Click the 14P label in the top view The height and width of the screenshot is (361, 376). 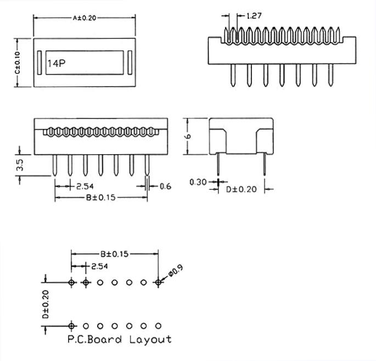click(57, 64)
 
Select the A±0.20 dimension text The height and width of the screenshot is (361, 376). click(85, 18)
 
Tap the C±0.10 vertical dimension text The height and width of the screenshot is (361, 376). click(18, 63)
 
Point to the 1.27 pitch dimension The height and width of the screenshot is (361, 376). click(254, 16)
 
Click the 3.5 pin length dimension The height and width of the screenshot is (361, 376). click(20, 165)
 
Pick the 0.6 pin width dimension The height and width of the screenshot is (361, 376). click(165, 186)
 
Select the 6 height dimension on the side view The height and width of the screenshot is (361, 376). click(188, 136)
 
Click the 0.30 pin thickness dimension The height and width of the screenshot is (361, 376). click(198, 182)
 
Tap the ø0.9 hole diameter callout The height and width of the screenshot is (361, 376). click(176, 270)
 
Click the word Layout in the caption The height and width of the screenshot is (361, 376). click(150, 340)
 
